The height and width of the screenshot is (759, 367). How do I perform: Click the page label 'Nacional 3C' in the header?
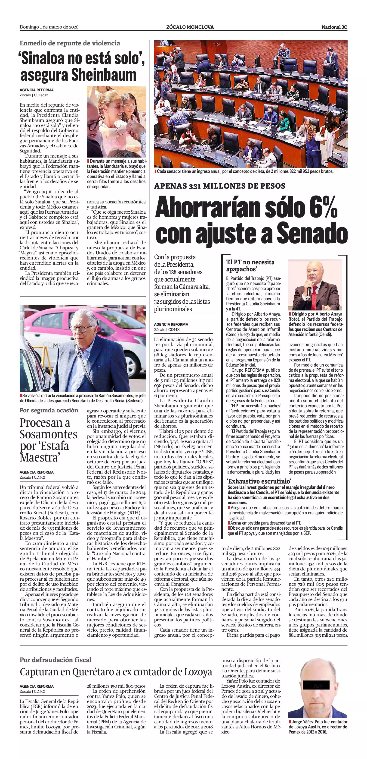click(x=334, y=27)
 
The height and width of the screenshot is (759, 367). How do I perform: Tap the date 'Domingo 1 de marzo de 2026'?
click(x=49, y=27)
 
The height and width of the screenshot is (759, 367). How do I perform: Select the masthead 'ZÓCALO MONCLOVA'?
click(x=190, y=27)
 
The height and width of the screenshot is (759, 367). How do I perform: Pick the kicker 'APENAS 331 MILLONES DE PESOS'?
click(x=220, y=186)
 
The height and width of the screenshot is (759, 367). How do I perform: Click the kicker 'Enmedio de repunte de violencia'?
click(x=70, y=43)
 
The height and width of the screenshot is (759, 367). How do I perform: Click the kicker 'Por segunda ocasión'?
click(x=49, y=410)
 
